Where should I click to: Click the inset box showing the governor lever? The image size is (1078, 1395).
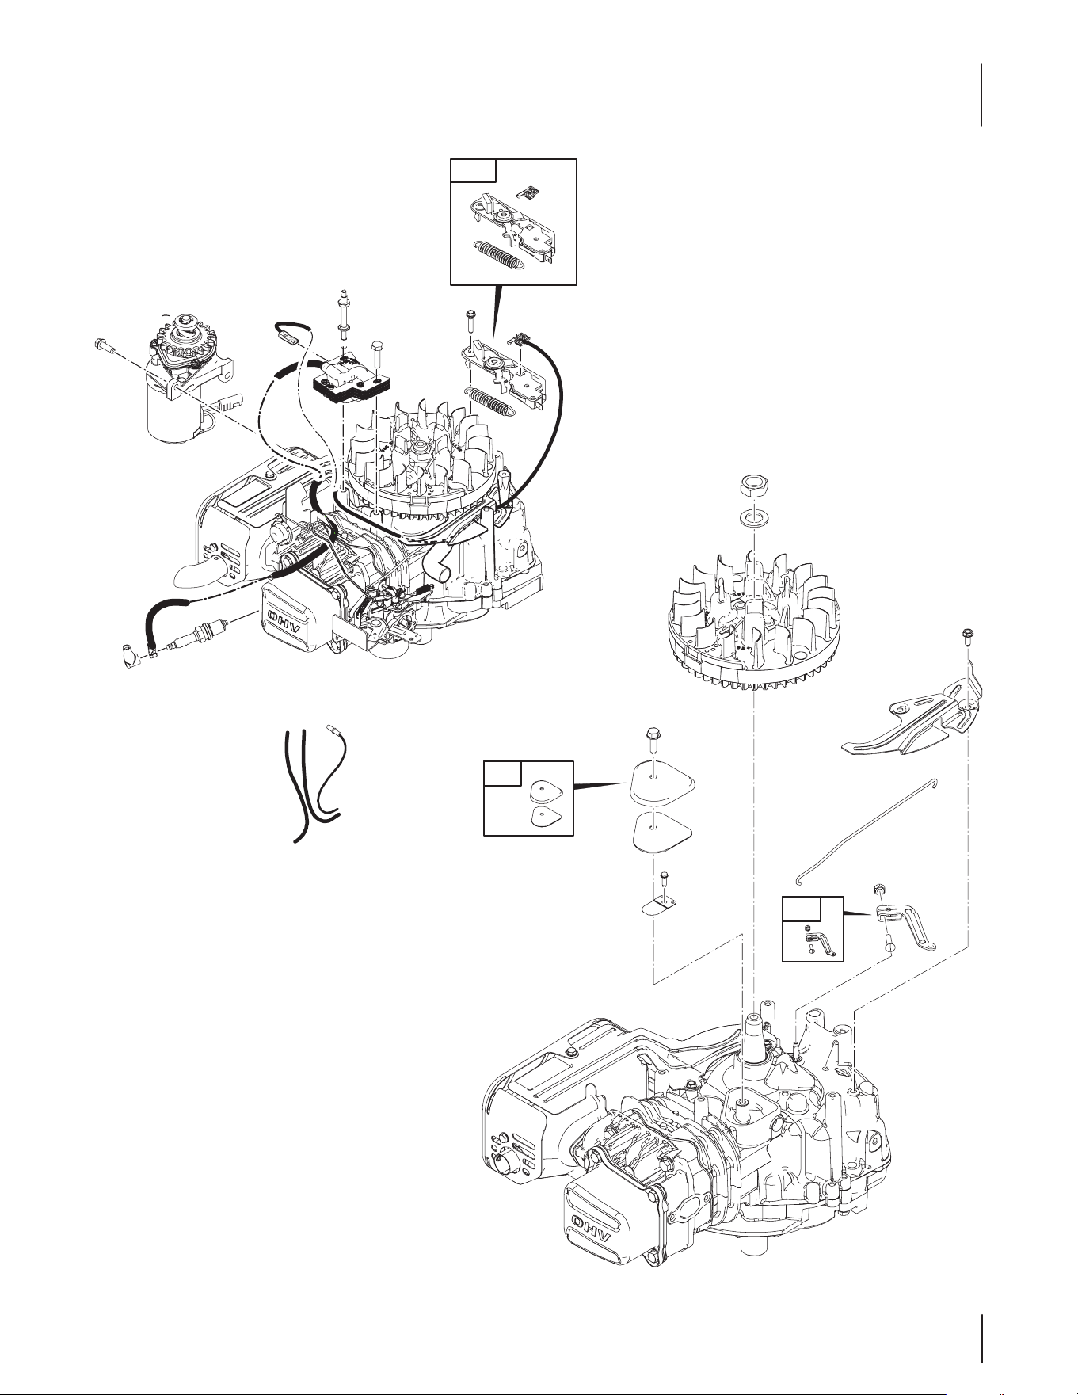813,928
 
